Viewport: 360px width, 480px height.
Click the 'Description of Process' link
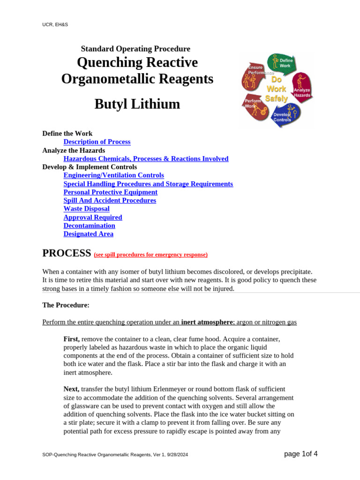[x=97, y=142]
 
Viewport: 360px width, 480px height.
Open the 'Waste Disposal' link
[x=86, y=209]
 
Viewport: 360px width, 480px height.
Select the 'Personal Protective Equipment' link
[x=110, y=192]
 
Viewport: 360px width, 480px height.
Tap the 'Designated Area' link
[x=88, y=234]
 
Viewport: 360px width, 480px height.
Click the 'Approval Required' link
[x=93, y=217]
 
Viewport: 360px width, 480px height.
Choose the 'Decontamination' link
[x=89, y=225]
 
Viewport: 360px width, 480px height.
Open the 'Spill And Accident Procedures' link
[x=110, y=201]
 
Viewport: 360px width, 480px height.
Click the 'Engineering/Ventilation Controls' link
[x=113, y=175]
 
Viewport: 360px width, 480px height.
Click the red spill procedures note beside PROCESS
[x=150, y=255]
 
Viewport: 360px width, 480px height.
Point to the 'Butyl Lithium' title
[x=137, y=104]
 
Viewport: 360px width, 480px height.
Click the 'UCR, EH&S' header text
[x=55, y=24]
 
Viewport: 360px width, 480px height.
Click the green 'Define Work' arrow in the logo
[x=280, y=63]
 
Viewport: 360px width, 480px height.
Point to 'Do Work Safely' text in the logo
[x=276, y=89]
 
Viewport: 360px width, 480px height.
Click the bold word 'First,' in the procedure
[x=72, y=338]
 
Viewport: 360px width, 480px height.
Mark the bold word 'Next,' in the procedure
[x=71, y=389]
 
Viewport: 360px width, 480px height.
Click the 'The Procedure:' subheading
[x=66, y=305]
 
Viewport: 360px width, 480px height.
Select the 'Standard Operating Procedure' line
[x=135, y=49]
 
